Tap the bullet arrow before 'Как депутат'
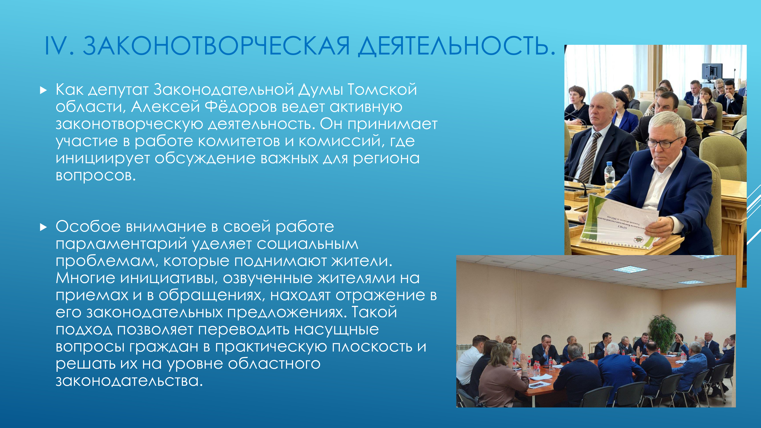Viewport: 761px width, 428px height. [x=43, y=90]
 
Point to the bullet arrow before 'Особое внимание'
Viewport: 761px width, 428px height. [x=43, y=227]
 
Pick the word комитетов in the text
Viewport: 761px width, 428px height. [x=239, y=141]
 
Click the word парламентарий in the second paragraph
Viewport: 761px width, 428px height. [x=121, y=244]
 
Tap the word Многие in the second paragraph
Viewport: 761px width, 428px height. [x=85, y=278]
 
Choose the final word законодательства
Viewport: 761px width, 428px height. [x=129, y=381]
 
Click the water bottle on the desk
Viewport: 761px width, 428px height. [x=609, y=176]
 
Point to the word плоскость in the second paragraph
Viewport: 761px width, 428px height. [x=372, y=347]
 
